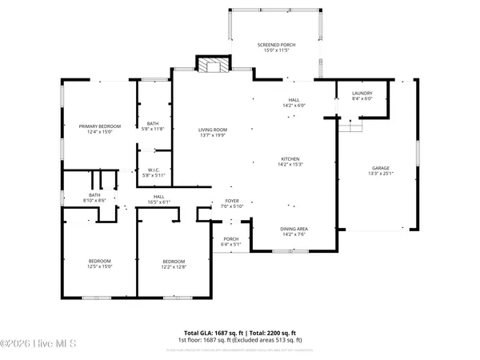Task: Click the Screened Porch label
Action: pos(276,45)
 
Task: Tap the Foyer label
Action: pos(232,202)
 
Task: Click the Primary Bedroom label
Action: pos(98,126)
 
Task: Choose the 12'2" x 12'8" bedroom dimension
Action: pos(174,267)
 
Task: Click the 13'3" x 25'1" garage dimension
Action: pos(379,174)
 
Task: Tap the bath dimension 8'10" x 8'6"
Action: pos(94,200)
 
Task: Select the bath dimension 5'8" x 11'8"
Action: pos(152,129)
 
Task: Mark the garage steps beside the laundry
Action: pos(349,126)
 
